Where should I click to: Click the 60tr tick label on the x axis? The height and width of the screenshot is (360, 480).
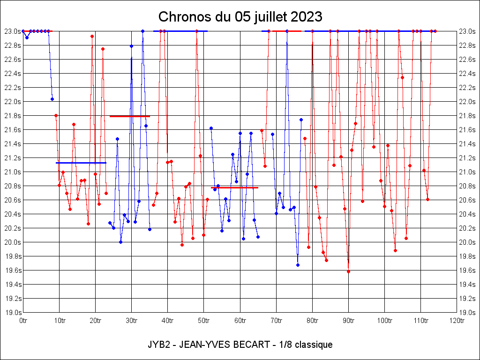[240, 321]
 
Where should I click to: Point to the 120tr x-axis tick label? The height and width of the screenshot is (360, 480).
[457, 321]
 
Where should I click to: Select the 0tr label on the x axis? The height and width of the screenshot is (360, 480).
[23, 321]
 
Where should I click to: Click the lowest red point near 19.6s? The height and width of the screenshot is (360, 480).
[348, 271]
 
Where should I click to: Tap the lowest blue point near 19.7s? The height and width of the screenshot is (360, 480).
[298, 265]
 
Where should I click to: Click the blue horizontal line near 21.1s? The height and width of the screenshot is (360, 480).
[81, 163]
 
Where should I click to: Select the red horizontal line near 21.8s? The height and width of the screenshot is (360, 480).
[129, 116]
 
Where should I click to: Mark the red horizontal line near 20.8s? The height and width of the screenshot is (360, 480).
[234, 187]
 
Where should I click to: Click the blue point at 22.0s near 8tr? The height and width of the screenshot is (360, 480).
[52, 99]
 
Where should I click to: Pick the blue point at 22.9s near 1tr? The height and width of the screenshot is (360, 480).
[27, 37]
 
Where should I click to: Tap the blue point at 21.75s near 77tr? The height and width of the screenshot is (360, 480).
[301, 120]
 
